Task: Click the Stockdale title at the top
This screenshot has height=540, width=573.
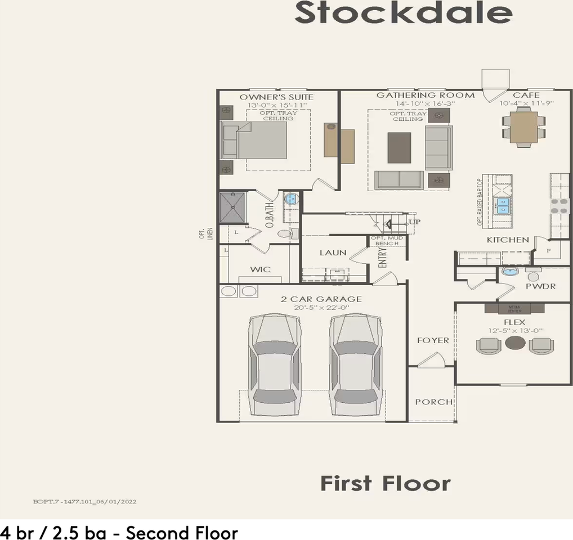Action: pos(403,13)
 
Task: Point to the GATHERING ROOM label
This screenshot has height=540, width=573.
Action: pos(425,95)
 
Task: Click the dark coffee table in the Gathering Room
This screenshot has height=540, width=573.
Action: pos(399,147)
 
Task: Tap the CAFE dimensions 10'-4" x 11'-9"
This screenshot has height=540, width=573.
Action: pos(526,103)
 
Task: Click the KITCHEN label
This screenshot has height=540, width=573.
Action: pos(508,240)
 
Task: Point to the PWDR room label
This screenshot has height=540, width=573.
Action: pos(540,286)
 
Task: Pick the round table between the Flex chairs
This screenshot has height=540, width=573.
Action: pos(514,343)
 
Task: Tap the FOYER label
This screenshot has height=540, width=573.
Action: pos(433,340)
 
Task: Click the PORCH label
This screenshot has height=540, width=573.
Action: pos(433,402)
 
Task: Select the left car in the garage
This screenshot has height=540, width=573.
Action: pos(274,365)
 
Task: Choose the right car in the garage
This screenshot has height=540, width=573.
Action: pos(354,365)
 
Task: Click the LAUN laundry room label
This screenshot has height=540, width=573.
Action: pos(333,253)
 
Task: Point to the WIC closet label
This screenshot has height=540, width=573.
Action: pos(260,269)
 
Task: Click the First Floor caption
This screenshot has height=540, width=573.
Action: pos(386,483)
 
